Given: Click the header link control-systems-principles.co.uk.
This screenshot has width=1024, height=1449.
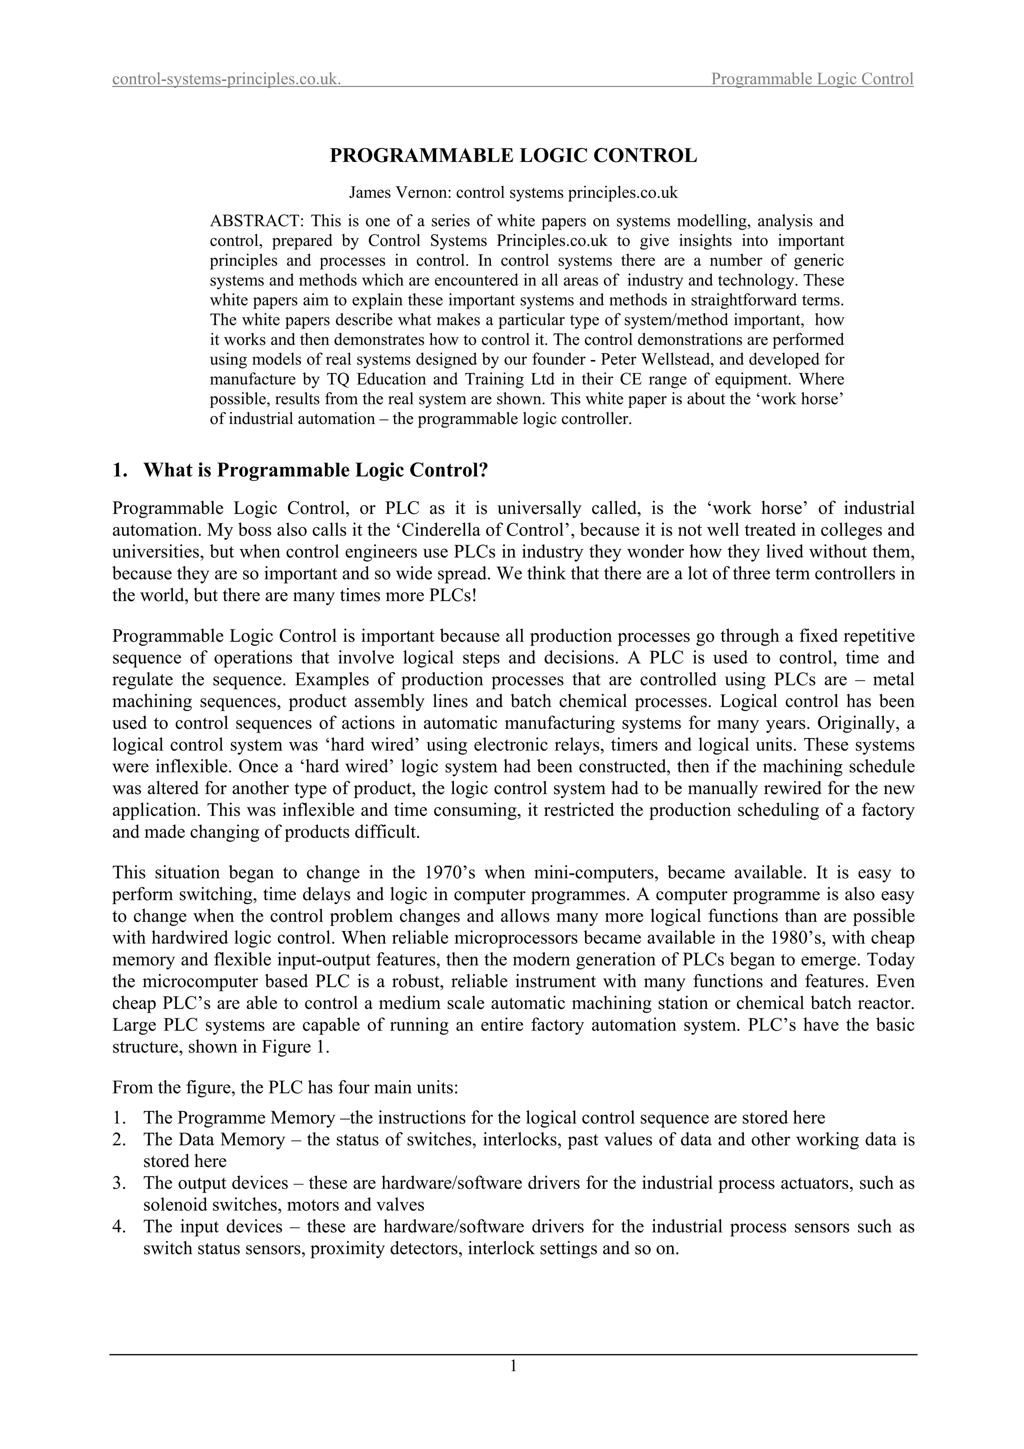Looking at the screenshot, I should pyautogui.click(x=227, y=79).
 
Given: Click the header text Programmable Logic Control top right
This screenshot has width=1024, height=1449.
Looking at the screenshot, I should pyautogui.click(x=812, y=79).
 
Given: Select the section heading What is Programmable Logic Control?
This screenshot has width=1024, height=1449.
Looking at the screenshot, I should pyautogui.click(x=316, y=470).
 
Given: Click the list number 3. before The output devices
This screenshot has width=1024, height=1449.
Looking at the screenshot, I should pyautogui.click(x=120, y=1183).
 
